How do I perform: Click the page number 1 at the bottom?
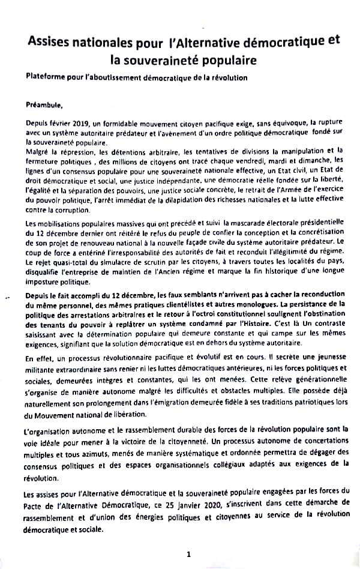tap(188, 555)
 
